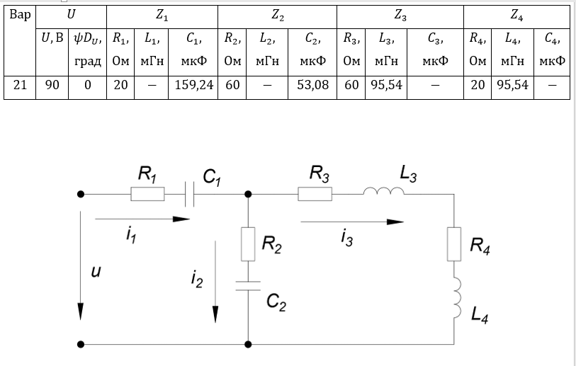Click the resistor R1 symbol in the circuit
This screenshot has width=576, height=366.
147,193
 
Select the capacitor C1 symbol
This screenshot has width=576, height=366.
189,193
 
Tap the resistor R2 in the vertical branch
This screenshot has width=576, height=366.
249,244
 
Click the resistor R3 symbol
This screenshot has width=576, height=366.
315,193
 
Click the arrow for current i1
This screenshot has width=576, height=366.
142,220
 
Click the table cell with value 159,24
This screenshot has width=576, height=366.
193,86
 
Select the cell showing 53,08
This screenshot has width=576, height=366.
312,86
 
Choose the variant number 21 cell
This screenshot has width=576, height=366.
20,86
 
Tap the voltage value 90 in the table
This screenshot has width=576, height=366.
52,86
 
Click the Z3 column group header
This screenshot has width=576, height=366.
400,15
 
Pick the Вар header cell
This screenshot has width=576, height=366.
20,15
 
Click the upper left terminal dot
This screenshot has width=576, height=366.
81,193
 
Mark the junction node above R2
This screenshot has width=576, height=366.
249,193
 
